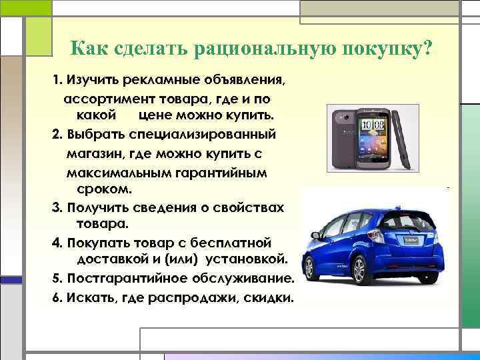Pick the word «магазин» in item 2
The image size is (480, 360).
pos(92,153)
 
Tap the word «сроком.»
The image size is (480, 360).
pos(100,189)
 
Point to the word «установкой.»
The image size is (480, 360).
pos(246,257)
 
